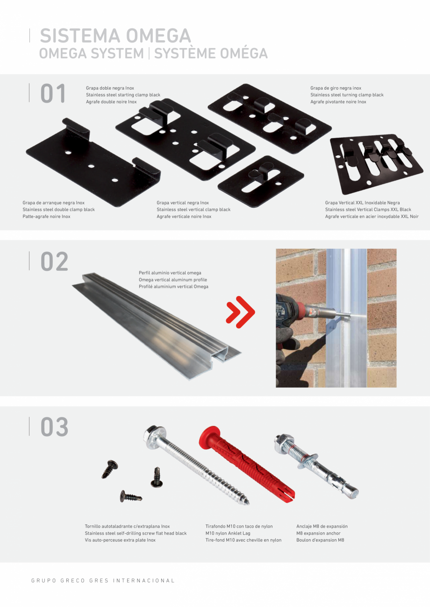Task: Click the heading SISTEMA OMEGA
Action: tap(115, 36)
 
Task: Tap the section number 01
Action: tap(53, 93)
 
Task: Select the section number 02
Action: tap(54, 261)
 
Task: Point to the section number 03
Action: tap(54, 427)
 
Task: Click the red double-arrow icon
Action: tap(240, 312)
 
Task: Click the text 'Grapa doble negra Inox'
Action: tap(110, 88)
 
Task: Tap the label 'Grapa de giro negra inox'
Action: tap(336, 88)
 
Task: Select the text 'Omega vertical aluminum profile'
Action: tap(172, 280)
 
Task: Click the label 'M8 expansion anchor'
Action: tap(318, 533)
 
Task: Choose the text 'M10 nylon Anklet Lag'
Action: tap(228, 533)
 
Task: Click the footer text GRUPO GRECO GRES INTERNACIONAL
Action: tap(103, 581)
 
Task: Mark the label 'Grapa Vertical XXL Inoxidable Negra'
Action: tap(362, 203)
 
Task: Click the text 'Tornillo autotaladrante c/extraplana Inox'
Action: tap(127, 526)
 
